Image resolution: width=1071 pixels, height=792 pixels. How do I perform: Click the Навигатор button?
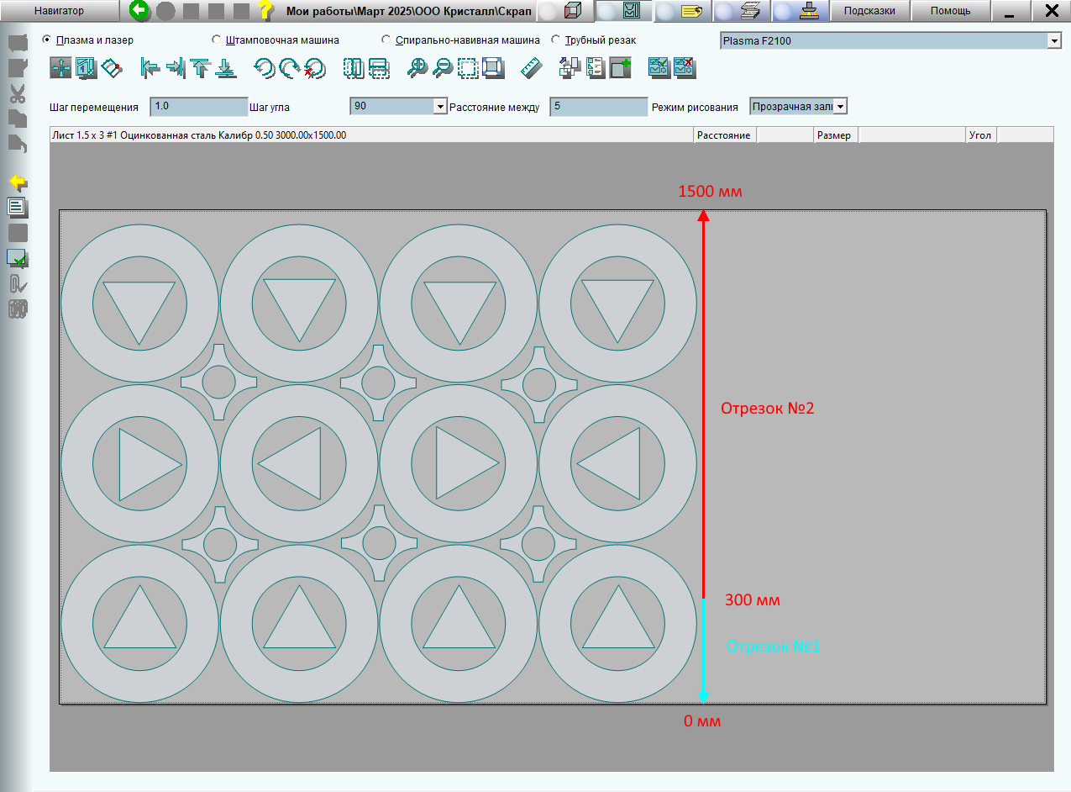(x=59, y=11)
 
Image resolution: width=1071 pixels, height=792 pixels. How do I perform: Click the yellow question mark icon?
(x=265, y=10)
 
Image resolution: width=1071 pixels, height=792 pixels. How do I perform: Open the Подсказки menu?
(x=869, y=11)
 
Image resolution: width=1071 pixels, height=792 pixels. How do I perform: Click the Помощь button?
(x=950, y=11)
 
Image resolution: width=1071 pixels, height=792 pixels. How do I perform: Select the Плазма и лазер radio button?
(x=46, y=40)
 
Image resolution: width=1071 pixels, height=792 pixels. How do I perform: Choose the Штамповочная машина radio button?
(x=217, y=40)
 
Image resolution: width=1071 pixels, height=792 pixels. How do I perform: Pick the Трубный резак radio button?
(x=556, y=40)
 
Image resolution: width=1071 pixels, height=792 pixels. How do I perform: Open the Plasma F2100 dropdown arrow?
(x=1054, y=41)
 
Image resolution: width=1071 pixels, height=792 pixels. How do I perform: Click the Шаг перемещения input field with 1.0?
(x=198, y=107)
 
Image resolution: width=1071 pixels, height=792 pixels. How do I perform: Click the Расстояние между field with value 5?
(x=598, y=107)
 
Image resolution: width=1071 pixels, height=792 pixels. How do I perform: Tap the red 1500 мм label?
(x=710, y=192)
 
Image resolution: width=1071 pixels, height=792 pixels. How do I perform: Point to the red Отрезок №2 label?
(x=767, y=408)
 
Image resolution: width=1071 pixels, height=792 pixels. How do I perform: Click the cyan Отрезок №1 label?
(x=773, y=646)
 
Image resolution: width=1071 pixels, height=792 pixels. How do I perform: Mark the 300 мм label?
(x=753, y=600)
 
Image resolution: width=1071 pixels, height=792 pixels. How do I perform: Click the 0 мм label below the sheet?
(x=702, y=721)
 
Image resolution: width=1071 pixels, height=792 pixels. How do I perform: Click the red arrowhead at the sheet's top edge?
(x=704, y=215)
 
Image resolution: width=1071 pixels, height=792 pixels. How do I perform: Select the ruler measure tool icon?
(x=531, y=68)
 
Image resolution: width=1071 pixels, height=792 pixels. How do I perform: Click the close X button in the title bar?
(x=1052, y=11)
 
